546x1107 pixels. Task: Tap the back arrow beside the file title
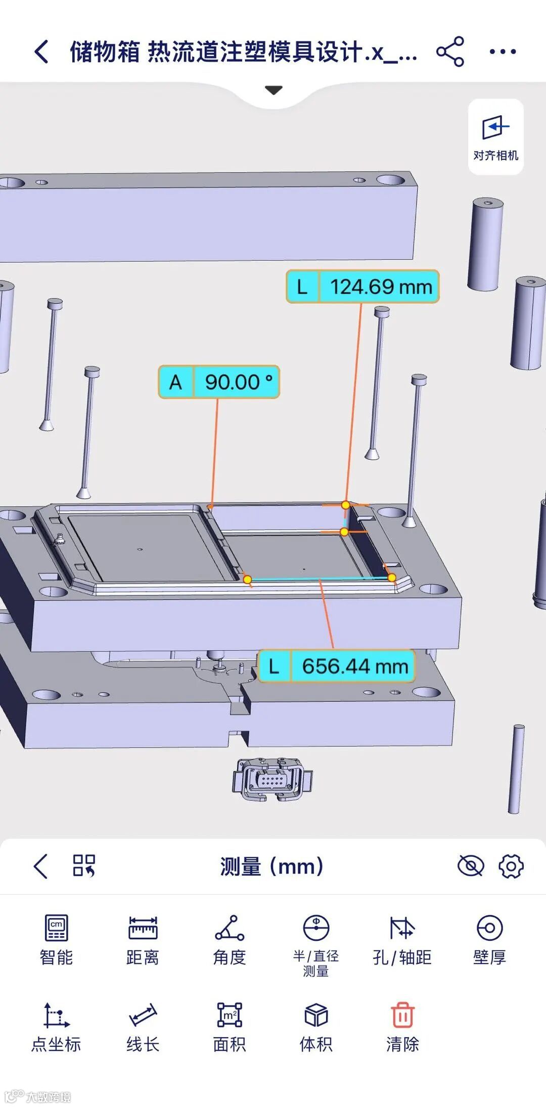click(x=41, y=52)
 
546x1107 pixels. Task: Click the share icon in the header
click(x=450, y=52)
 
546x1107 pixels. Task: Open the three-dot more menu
click(x=503, y=52)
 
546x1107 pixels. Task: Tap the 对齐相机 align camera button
click(x=495, y=137)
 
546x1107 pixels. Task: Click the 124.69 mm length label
click(x=362, y=286)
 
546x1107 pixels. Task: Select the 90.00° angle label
click(x=219, y=382)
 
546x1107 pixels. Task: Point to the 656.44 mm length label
click(x=336, y=666)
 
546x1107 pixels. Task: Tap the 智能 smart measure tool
click(x=56, y=939)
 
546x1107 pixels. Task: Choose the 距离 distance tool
click(x=143, y=939)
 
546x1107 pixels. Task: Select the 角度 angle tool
click(x=230, y=939)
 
